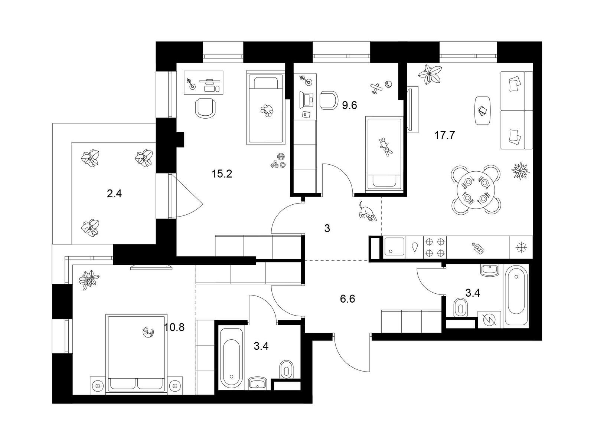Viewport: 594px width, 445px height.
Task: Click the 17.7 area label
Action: tap(445, 135)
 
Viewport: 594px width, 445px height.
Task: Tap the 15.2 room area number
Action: tap(222, 174)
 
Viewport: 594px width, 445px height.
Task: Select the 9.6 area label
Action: tap(349, 105)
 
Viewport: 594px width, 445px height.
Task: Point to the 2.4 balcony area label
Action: tap(114, 194)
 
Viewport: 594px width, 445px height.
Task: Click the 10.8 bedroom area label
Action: tap(174, 327)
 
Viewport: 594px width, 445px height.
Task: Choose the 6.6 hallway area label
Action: tap(347, 299)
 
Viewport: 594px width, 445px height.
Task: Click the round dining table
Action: tap(476, 189)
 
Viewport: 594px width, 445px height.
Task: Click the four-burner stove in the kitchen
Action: tap(434, 247)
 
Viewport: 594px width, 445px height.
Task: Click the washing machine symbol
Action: tap(489, 320)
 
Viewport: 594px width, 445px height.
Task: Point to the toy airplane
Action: tap(376, 88)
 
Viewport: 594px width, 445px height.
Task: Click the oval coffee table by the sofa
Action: tap(483, 111)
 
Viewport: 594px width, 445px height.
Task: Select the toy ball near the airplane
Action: tap(389, 84)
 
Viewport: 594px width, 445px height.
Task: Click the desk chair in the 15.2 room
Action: tap(206, 108)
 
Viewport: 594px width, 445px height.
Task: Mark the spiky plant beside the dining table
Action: tap(520, 171)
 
